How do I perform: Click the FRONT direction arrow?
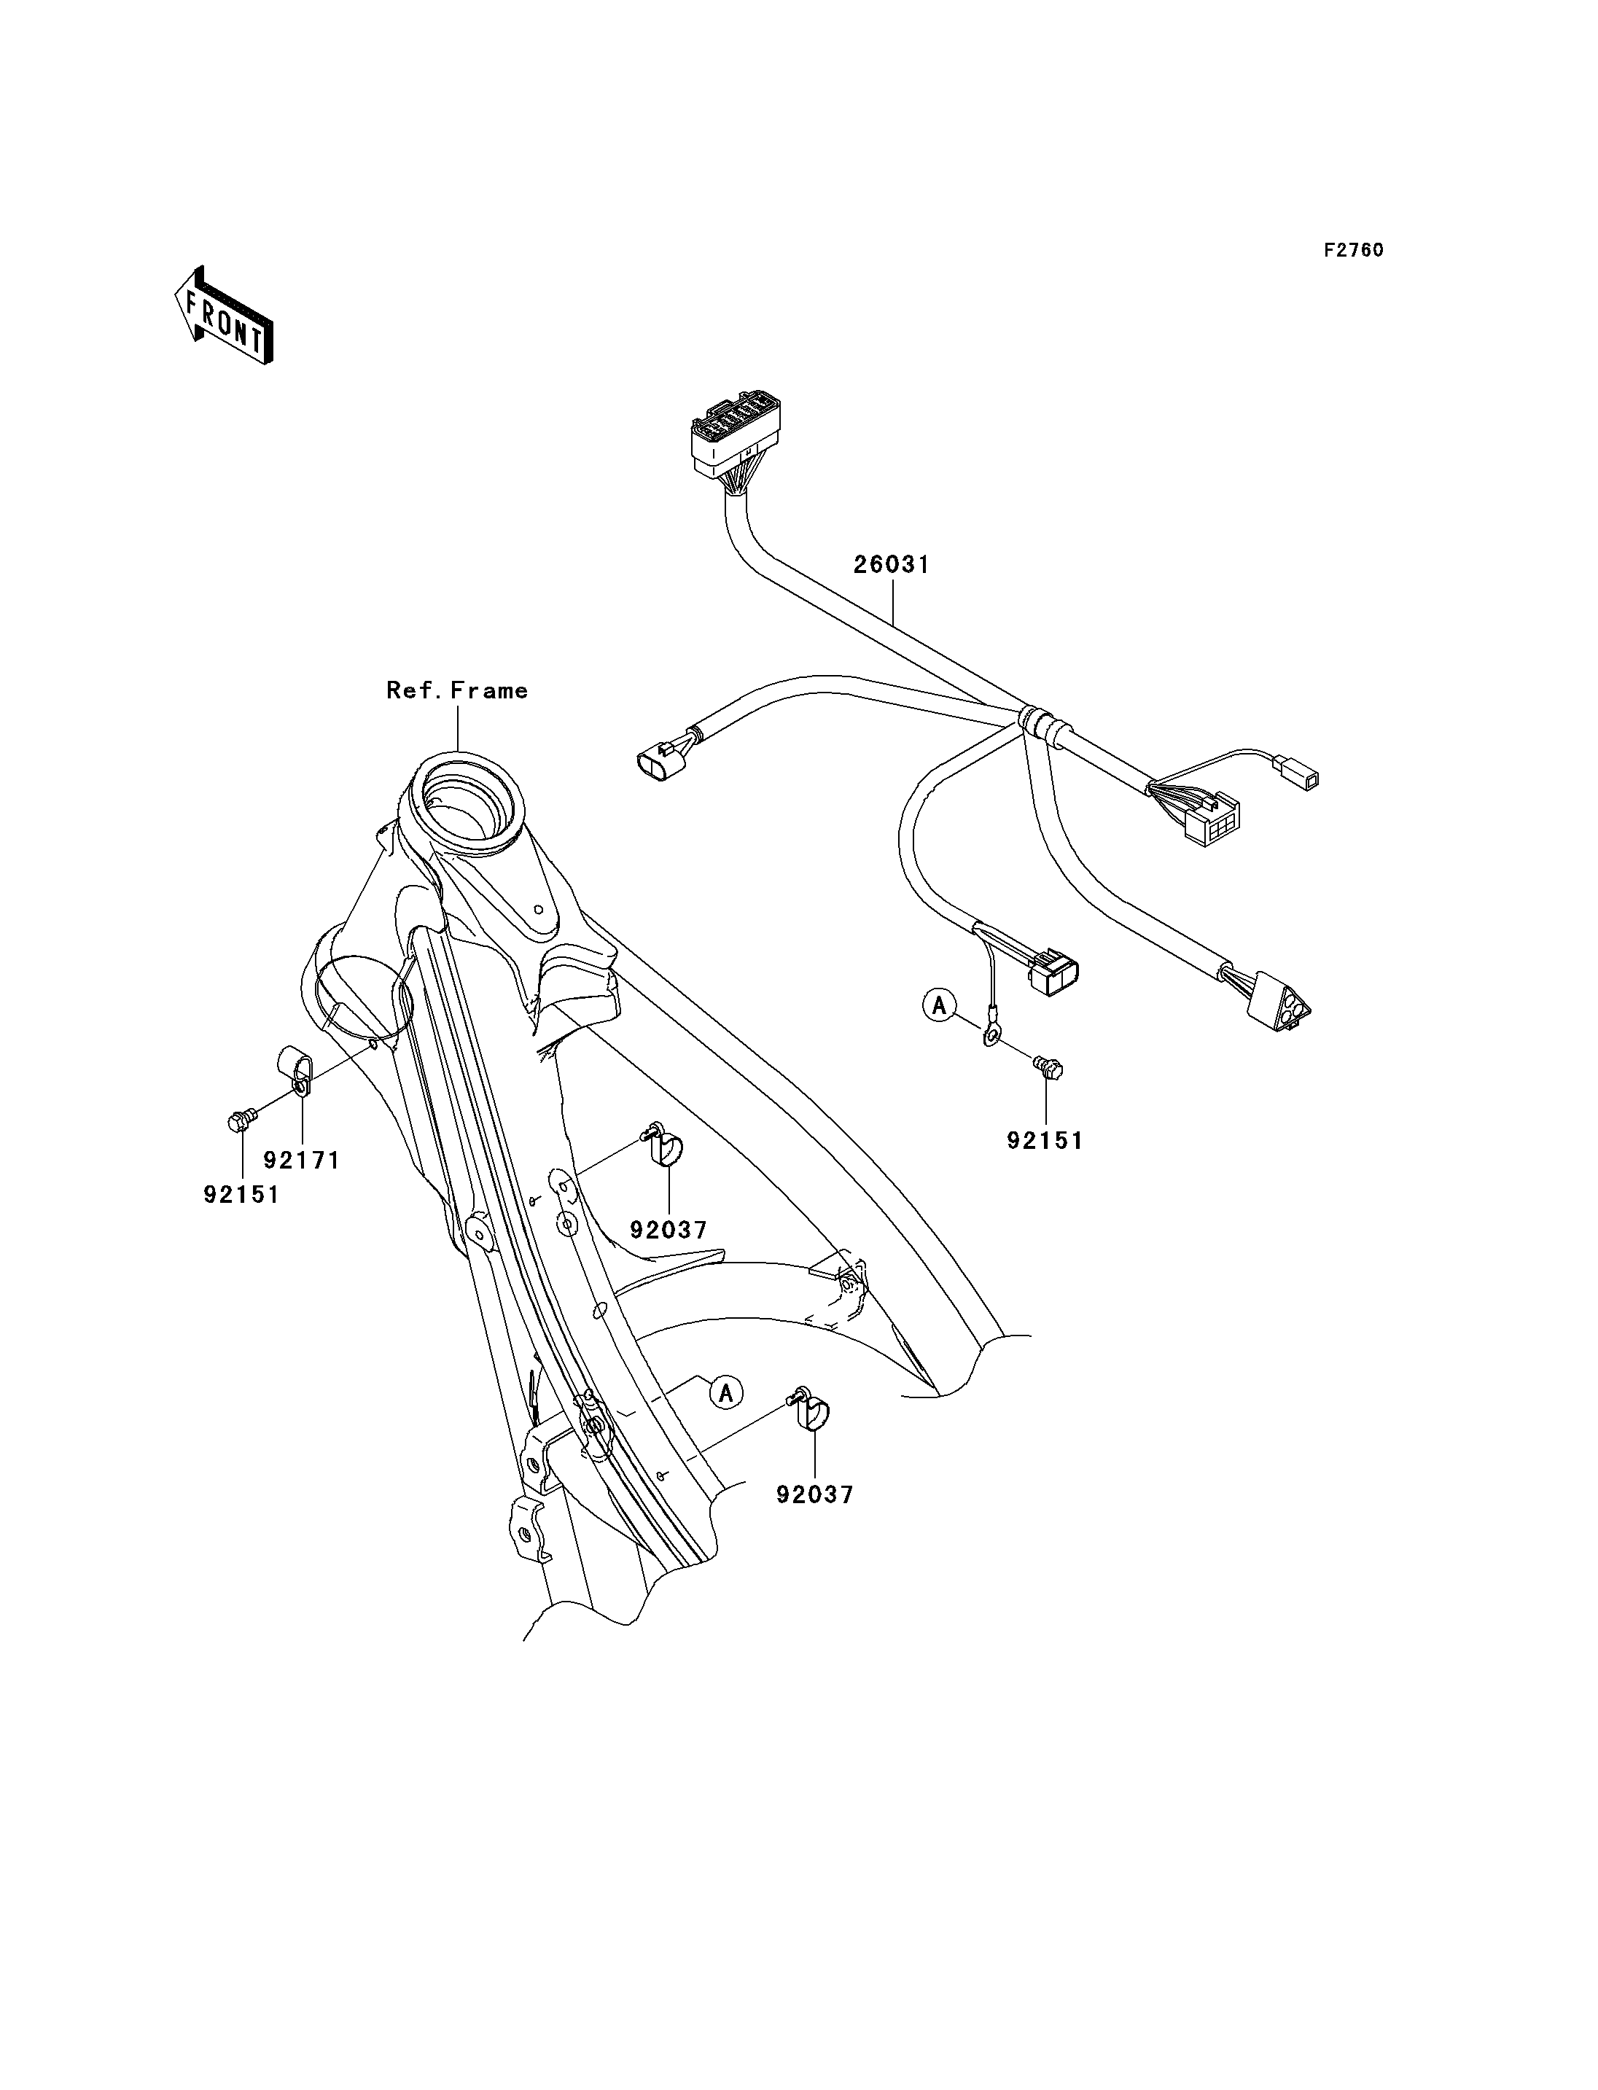click(x=225, y=316)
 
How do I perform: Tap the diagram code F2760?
click(x=1355, y=250)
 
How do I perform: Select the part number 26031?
click(x=892, y=564)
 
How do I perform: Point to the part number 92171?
click(x=302, y=1160)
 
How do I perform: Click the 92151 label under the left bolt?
click(x=241, y=1194)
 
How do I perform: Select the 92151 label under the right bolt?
click(x=1045, y=1141)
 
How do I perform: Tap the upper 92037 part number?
click(x=669, y=1230)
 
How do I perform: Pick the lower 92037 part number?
click(x=815, y=1494)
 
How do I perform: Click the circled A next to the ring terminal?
click(x=940, y=1005)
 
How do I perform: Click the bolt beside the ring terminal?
click(x=1048, y=1068)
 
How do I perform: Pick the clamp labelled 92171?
click(x=294, y=1072)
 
